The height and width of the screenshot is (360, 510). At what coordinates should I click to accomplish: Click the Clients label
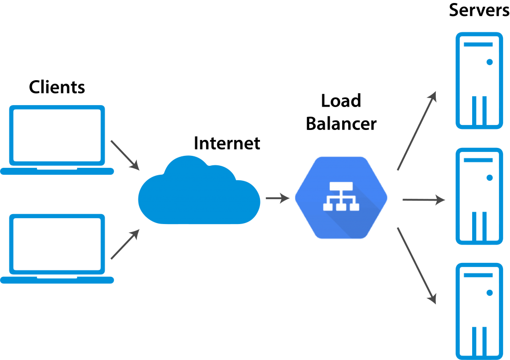[x=57, y=87]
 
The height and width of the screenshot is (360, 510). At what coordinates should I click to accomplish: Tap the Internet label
[x=227, y=143]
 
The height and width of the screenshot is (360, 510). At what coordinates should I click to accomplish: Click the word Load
[x=341, y=101]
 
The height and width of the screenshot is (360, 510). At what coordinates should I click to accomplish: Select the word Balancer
[x=341, y=123]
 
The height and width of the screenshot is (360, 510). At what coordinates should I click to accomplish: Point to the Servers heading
[x=479, y=10]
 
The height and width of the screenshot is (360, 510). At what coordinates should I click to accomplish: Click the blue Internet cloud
[x=199, y=190]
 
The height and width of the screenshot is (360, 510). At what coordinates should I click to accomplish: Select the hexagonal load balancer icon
[x=341, y=198]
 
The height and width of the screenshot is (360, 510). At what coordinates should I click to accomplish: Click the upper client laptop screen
[x=57, y=135]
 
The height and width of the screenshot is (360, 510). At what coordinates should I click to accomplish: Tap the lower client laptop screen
[x=57, y=244]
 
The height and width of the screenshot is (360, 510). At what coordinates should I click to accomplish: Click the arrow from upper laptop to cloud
[x=125, y=155]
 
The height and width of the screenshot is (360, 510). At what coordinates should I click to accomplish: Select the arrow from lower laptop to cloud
[x=125, y=244]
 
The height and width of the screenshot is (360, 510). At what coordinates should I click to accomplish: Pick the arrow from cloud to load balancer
[x=278, y=198]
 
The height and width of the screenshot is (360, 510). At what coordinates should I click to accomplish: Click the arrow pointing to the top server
[x=417, y=131]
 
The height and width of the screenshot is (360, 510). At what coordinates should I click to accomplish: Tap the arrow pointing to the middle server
[x=424, y=200]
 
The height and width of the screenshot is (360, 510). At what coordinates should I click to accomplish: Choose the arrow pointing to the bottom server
[x=417, y=266]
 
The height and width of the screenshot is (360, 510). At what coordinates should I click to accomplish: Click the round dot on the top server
[x=490, y=62]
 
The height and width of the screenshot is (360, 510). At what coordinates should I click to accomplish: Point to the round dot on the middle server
[x=490, y=178]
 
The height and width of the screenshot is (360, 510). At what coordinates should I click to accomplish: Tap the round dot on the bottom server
[x=490, y=293]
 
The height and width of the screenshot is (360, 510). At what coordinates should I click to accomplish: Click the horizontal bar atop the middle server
[x=478, y=160]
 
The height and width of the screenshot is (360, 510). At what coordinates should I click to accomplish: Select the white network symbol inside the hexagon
[x=341, y=196]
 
